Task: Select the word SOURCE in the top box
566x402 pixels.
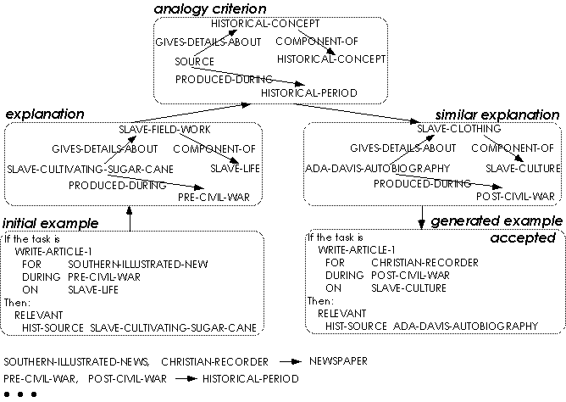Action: coord(194,62)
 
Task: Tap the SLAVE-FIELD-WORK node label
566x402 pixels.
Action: coord(164,130)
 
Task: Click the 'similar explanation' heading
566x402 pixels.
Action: coord(497,114)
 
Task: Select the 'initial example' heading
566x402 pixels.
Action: coord(51,223)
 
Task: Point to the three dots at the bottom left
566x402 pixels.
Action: coord(19,394)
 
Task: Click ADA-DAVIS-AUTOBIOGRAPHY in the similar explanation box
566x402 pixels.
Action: coord(377,170)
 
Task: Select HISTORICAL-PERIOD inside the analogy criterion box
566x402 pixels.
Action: coord(308,92)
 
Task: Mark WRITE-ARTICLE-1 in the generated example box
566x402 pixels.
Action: coord(357,251)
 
